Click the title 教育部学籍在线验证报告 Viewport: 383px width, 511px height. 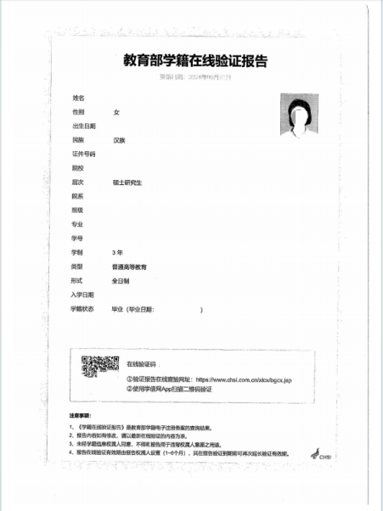194,61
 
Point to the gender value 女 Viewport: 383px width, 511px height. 116,112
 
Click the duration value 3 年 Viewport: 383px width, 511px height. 118,253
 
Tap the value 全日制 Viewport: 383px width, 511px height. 121,280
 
